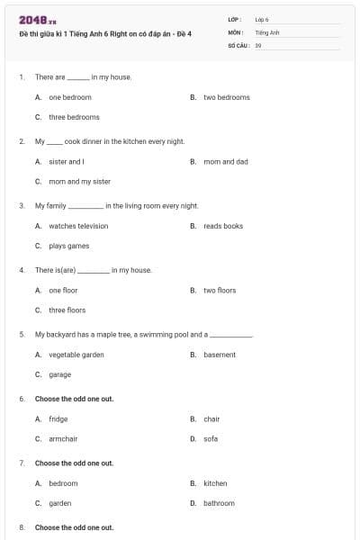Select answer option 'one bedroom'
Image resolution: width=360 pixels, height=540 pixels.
(69, 97)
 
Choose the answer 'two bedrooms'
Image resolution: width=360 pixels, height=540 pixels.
(226, 97)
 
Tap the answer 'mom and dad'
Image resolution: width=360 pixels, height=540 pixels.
(225, 161)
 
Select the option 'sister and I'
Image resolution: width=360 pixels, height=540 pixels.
(66, 161)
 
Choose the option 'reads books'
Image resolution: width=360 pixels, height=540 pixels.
(223, 226)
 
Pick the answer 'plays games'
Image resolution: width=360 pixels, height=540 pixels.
(68, 246)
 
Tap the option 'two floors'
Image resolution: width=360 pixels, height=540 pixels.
(220, 291)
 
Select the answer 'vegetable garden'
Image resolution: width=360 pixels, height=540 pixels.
(76, 355)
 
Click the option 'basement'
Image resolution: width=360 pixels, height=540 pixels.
(220, 355)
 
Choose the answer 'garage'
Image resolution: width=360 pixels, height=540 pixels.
(59, 374)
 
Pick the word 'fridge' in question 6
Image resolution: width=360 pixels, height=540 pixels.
(58, 418)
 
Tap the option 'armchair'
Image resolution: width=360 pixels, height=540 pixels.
(63, 438)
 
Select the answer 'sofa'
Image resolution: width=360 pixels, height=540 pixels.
(211, 438)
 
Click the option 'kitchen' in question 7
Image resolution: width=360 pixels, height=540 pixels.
(215, 483)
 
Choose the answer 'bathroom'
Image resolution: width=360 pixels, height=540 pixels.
(219, 503)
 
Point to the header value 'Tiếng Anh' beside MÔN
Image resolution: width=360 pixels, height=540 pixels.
(267, 31)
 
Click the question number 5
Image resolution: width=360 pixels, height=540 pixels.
(22, 334)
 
